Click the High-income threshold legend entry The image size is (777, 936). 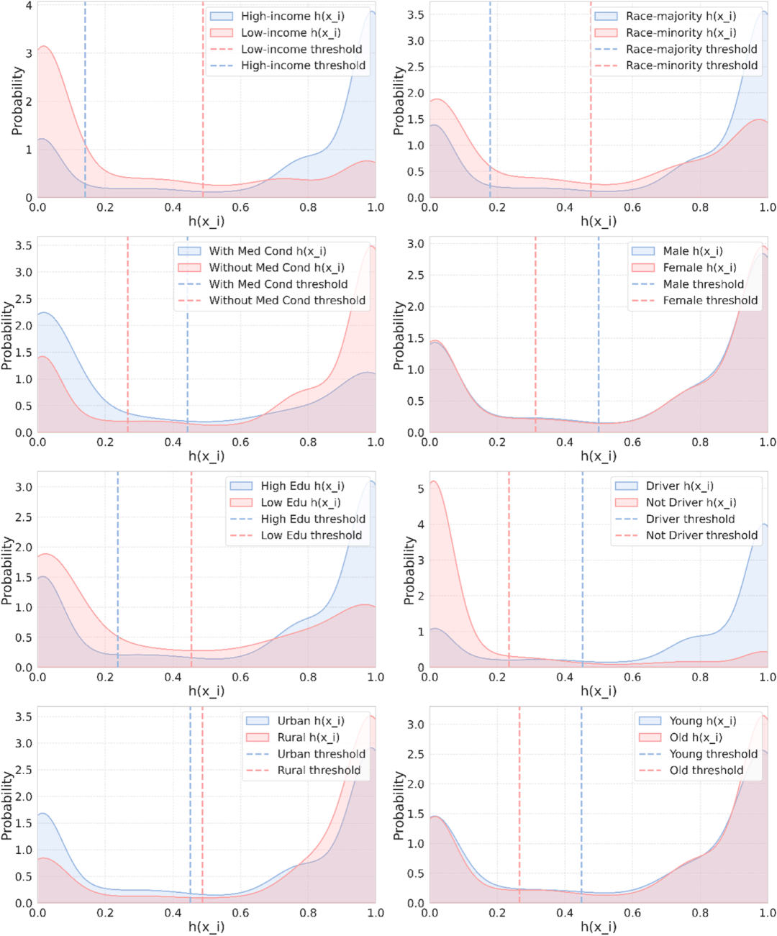288,65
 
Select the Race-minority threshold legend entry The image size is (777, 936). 676,65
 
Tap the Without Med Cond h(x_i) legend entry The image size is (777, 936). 261,268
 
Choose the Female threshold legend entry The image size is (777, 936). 694,300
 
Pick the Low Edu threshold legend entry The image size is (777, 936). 296,535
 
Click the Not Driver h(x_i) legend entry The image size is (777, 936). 676,502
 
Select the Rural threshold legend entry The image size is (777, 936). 304,770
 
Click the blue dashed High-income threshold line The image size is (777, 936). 85,99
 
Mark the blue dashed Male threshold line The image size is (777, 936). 599,335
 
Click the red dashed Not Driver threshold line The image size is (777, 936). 509,569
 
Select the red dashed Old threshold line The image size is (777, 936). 519,804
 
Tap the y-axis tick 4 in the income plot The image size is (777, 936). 29,6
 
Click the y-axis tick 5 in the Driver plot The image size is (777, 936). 421,489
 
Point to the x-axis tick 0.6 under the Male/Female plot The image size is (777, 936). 632,442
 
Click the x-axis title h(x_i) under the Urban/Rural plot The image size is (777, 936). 206,927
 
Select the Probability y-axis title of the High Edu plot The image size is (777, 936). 6,571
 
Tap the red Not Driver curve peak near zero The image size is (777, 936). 434,481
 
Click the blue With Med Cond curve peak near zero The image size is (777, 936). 44,312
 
